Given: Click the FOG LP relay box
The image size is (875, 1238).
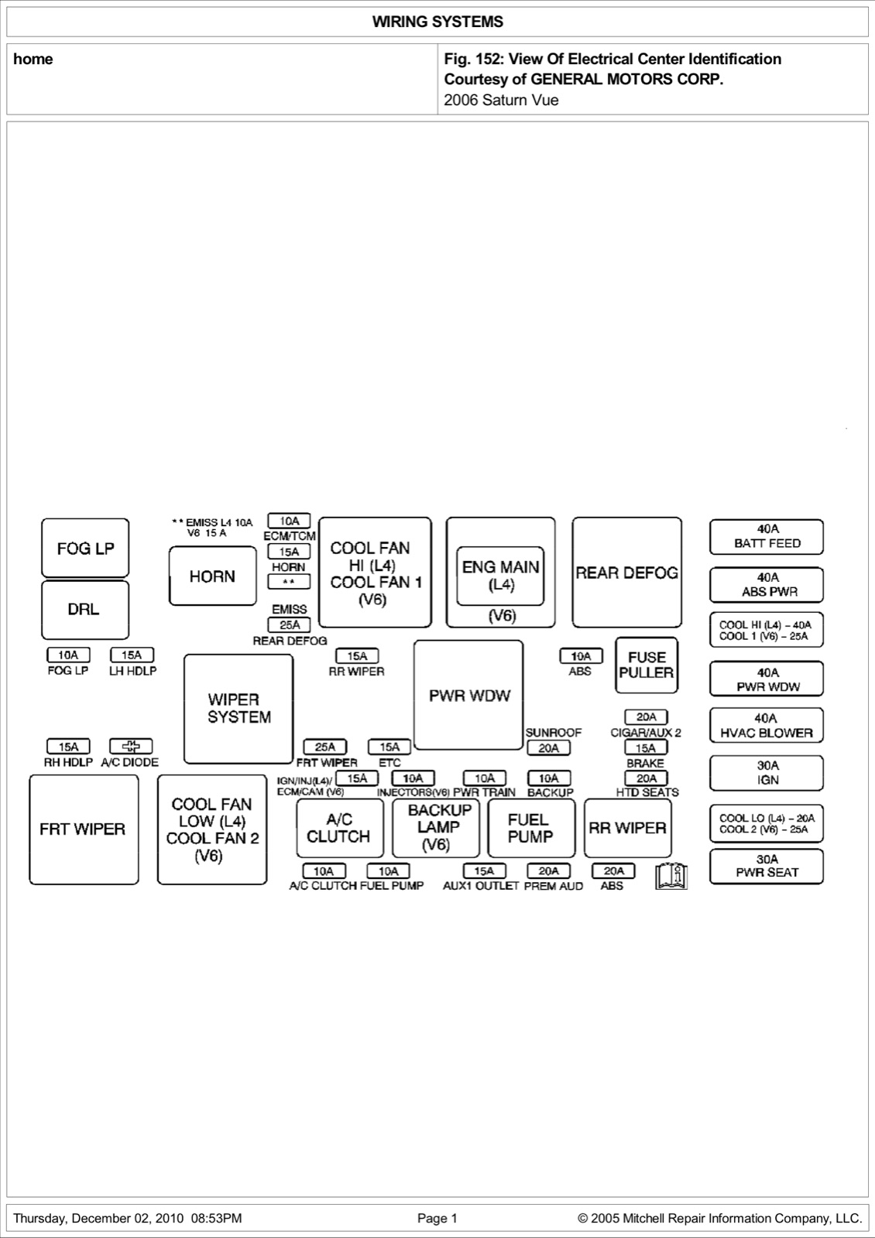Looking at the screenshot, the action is point(85,548).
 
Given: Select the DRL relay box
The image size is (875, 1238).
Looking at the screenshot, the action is point(85,610).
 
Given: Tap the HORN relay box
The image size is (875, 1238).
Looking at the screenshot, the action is point(213,576).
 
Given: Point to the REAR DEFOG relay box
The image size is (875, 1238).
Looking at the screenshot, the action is point(627,572).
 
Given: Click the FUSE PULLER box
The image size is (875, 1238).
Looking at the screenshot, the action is point(647,665).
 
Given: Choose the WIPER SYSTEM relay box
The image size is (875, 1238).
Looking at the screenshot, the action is point(238,709).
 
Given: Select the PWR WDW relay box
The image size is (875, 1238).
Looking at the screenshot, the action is point(468,695).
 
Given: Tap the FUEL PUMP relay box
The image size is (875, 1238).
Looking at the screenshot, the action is point(531,828).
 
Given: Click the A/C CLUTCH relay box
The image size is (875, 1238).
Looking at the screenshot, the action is point(340,828).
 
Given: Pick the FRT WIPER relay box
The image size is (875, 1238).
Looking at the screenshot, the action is point(84,829).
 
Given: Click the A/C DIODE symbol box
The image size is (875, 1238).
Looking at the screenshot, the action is point(131,746).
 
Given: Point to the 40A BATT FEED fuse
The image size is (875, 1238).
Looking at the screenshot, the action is point(767,537).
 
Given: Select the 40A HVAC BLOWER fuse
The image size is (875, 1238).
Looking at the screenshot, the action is point(767,726).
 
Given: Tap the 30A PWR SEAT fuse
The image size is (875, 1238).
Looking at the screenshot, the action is point(767,866).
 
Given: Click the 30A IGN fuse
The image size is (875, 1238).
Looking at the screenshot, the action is point(767,773).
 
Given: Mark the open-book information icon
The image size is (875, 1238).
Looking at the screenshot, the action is point(671,875).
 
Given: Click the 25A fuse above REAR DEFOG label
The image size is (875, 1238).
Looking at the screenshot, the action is point(290,624).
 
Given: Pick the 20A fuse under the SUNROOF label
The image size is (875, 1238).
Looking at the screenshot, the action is point(549,747).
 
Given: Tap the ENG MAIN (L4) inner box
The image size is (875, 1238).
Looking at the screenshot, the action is point(500,576).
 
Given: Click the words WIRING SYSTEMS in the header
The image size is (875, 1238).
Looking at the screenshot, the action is point(437,22).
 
